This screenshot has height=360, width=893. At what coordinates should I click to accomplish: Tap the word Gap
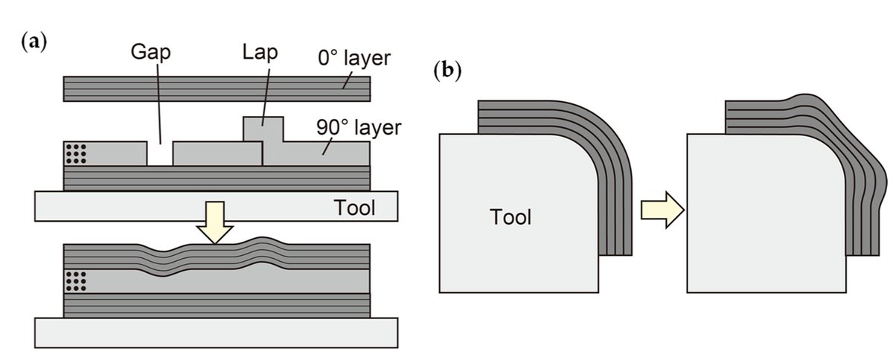pyautogui.click(x=152, y=53)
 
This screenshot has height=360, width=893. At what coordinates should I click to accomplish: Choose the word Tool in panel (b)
pyautogui.click(x=510, y=217)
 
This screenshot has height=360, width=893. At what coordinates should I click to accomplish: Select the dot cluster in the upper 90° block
pyautogui.click(x=77, y=153)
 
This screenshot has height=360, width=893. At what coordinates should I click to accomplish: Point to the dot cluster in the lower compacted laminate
pyautogui.click(x=77, y=281)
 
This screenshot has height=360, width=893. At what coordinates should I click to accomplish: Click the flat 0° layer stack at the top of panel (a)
pyautogui.click(x=217, y=89)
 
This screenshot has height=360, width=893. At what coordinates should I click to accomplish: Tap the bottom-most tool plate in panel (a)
pyautogui.click(x=217, y=333)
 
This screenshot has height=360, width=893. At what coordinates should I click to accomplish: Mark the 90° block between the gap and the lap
pyautogui.click(x=217, y=154)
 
